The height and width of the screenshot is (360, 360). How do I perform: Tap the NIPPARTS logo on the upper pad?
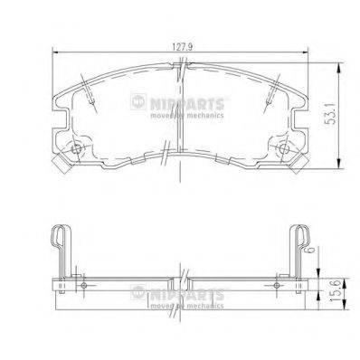point(221,107)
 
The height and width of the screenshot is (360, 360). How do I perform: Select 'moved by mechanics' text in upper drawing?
point(221,118)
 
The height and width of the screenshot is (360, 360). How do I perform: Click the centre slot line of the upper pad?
point(180,127)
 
